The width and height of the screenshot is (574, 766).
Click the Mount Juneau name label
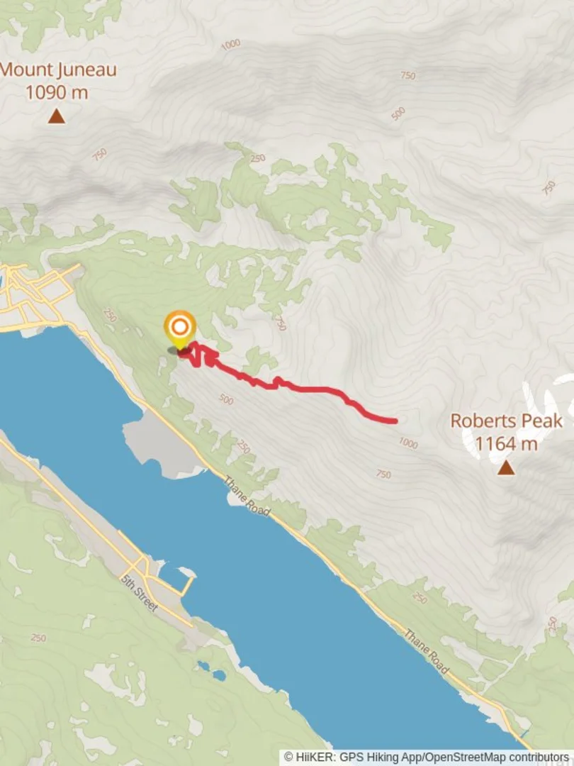58,70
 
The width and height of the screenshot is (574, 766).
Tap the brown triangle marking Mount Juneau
57,116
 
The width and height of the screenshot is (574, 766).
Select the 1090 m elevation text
57,92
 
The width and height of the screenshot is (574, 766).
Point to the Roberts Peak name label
506,421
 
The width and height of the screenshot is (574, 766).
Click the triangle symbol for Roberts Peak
505,467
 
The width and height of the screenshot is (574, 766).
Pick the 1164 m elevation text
506,444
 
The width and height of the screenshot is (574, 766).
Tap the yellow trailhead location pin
180,328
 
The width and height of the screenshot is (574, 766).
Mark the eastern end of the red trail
394,421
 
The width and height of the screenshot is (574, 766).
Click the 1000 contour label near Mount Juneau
230,45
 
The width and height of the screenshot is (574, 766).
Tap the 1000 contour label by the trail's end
407,443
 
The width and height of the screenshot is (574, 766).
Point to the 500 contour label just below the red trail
226,400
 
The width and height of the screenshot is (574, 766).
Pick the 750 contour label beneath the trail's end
383,474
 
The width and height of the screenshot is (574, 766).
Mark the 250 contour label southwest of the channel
39,638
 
